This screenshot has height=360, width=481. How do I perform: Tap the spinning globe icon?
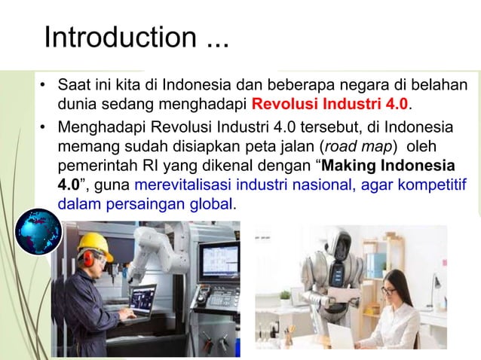click(x=38, y=230)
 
